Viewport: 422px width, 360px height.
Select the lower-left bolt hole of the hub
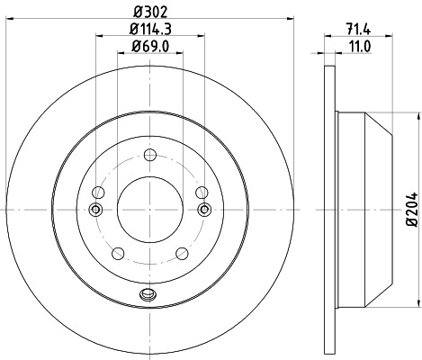pos(116,253)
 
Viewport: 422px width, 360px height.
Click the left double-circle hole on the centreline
pos(95,210)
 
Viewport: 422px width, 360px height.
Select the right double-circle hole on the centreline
pos(203,210)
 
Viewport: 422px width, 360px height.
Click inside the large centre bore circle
pos(149,210)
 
